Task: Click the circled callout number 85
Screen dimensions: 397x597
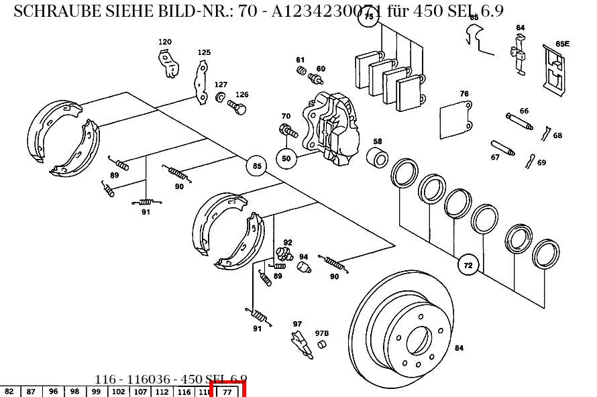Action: coord(256,166)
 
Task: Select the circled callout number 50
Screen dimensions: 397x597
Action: coord(286,159)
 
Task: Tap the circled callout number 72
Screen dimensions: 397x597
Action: coord(468,266)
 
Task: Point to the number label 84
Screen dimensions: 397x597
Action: coord(459,348)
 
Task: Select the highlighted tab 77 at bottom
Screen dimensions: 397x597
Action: coord(227,391)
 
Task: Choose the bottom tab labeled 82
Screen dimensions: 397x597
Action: coord(9,392)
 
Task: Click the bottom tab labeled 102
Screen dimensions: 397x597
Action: coord(118,392)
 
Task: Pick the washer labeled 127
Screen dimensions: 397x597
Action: coord(219,99)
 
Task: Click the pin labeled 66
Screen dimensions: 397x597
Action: coord(519,121)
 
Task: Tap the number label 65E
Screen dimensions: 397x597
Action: coord(562,44)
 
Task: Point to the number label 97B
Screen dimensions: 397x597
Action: coord(322,333)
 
